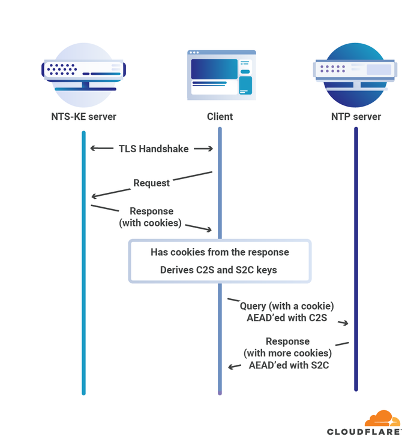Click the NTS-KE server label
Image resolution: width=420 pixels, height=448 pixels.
click(x=83, y=116)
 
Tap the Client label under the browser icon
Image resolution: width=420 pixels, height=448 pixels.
click(x=220, y=116)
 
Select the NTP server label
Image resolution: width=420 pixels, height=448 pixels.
click(x=356, y=116)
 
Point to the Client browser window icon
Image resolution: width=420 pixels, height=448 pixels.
click(x=221, y=75)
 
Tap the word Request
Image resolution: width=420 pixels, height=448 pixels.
click(x=151, y=183)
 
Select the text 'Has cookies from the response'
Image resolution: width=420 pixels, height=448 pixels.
click(x=220, y=252)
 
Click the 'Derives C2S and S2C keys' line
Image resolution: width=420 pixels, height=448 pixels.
click(x=218, y=270)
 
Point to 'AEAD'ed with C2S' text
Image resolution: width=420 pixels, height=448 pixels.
click(x=287, y=318)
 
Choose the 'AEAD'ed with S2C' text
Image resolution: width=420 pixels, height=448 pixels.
click(x=289, y=365)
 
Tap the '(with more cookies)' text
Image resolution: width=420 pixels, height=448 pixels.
click(x=287, y=353)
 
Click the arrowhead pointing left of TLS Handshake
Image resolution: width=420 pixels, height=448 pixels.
click(x=93, y=149)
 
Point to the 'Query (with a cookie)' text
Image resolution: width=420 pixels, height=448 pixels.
click(x=287, y=306)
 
